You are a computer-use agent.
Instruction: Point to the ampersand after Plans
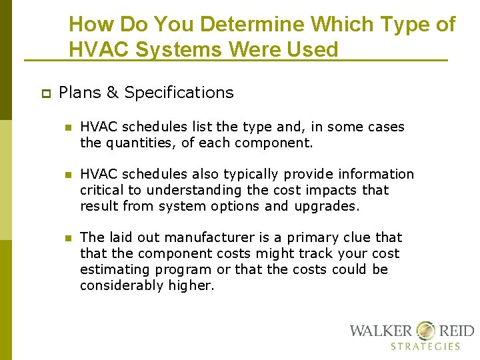pos(111,93)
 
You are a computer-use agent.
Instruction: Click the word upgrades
pos(326,206)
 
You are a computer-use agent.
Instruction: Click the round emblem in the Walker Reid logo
pos(425,331)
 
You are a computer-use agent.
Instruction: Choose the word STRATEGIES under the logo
pos(425,346)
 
